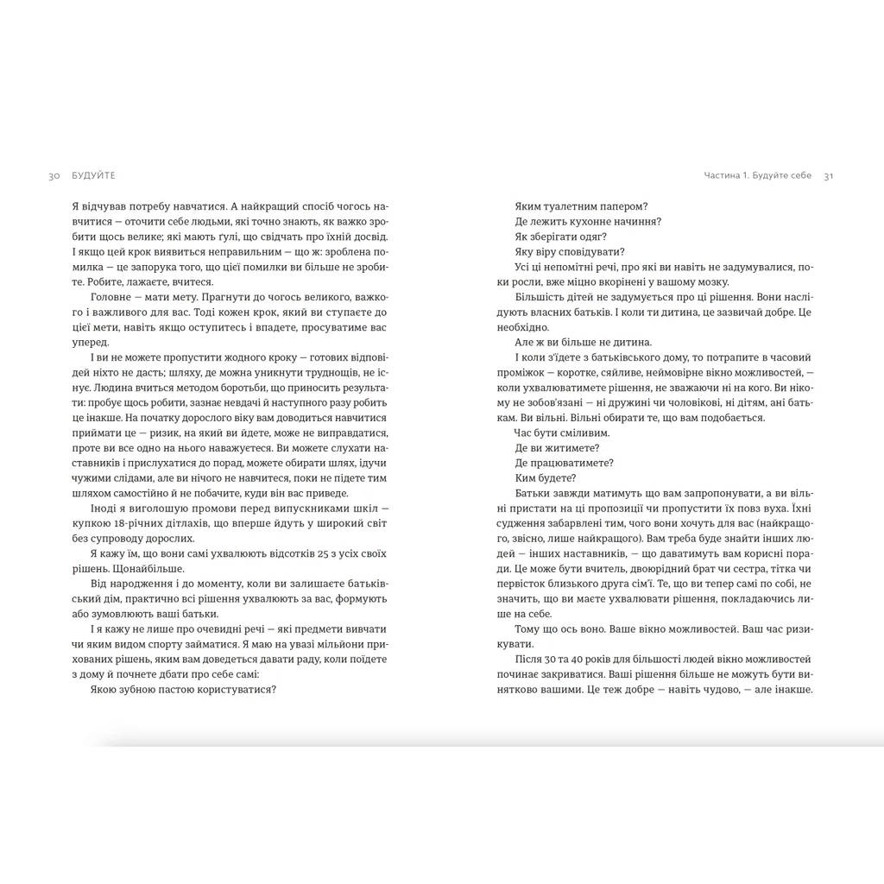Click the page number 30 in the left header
coord(54,175)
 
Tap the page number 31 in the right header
coord(828,175)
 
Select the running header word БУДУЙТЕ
coord(93,175)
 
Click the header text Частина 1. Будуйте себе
coord(757,175)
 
